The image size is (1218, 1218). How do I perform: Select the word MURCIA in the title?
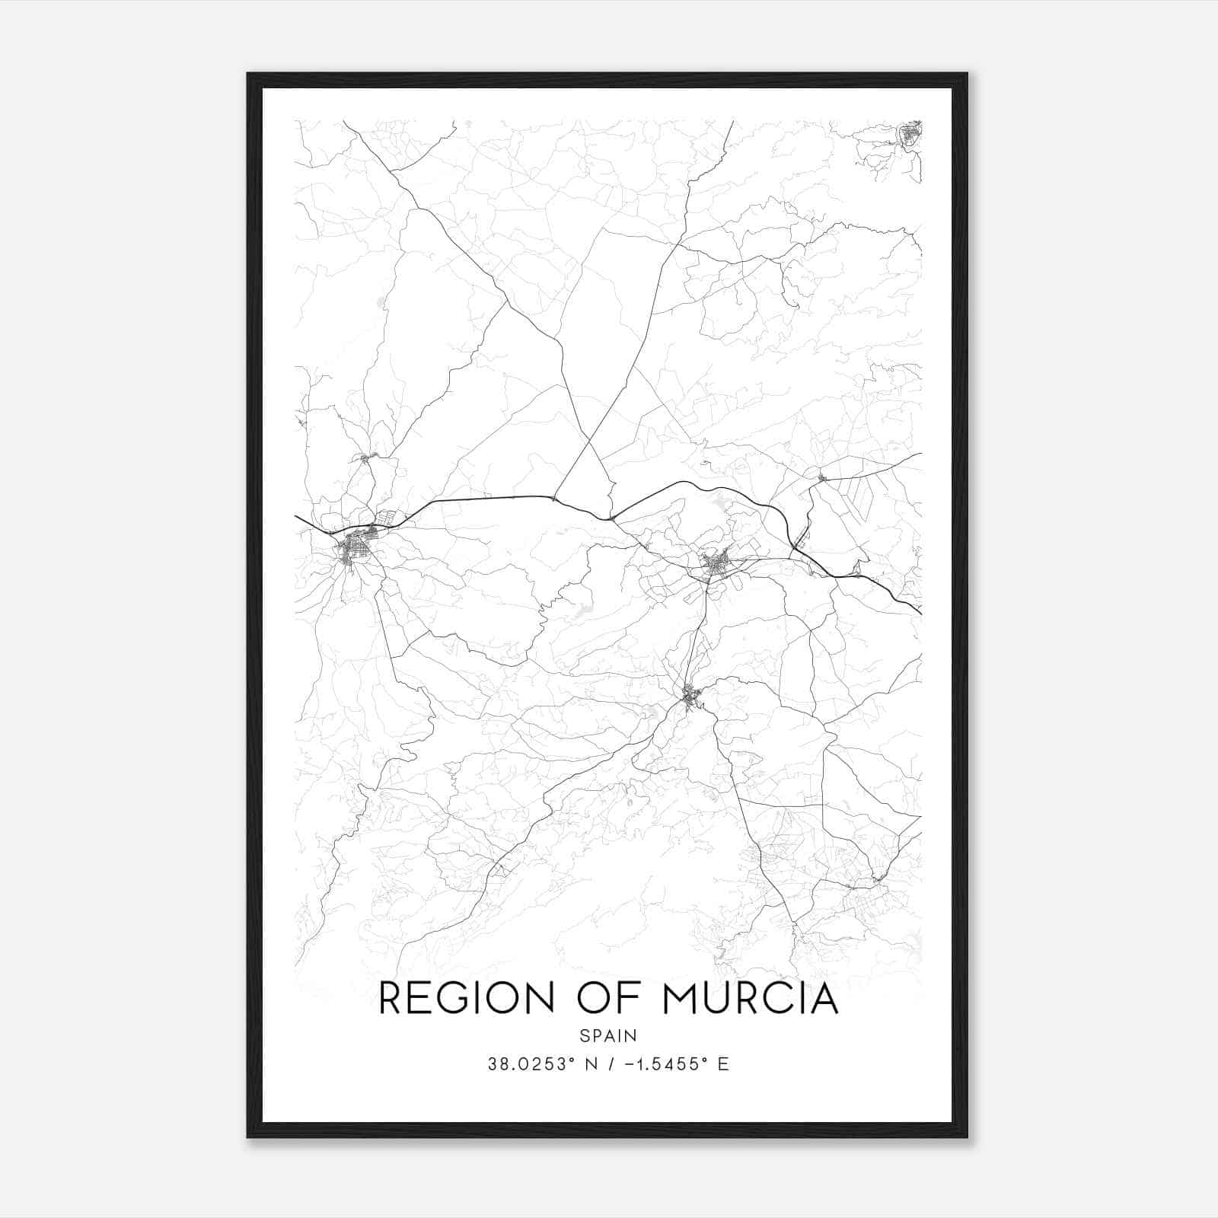[751, 998]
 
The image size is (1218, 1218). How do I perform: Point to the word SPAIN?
[608, 1035]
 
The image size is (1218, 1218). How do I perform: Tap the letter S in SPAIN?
[584, 1035]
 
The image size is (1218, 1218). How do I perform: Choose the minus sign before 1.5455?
[629, 1064]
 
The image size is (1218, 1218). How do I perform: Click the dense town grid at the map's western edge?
[355, 547]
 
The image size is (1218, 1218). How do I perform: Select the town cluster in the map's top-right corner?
[910, 136]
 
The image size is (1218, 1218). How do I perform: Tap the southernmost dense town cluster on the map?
[691, 697]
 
